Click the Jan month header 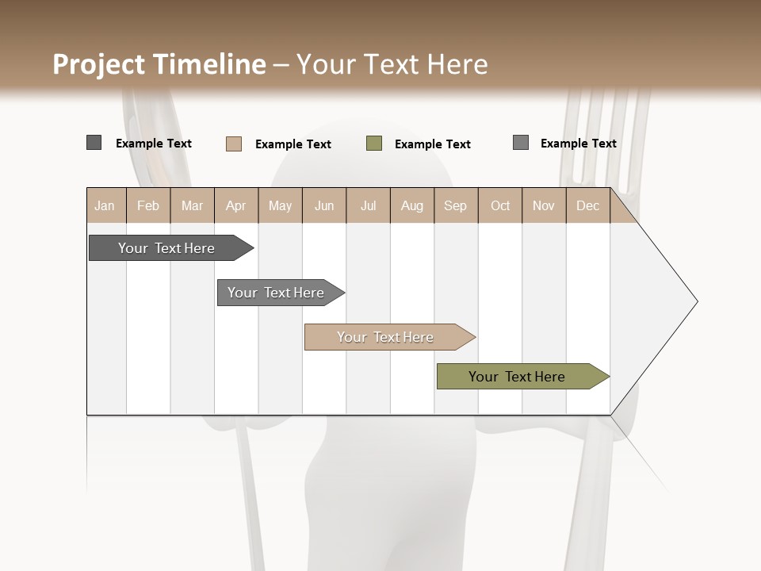click(x=105, y=205)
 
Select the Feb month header click(x=148, y=205)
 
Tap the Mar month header click(x=192, y=205)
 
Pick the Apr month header click(x=236, y=205)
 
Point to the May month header click(x=280, y=205)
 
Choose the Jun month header click(x=324, y=205)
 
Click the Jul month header click(x=368, y=205)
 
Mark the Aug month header click(x=412, y=205)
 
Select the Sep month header click(x=456, y=205)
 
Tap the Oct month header click(x=500, y=205)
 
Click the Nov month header click(x=544, y=205)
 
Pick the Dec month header click(x=588, y=205)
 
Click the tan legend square click(x=234, y=144)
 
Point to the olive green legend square click(x=374, y=144)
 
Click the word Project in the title click(x=99, y=64)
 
